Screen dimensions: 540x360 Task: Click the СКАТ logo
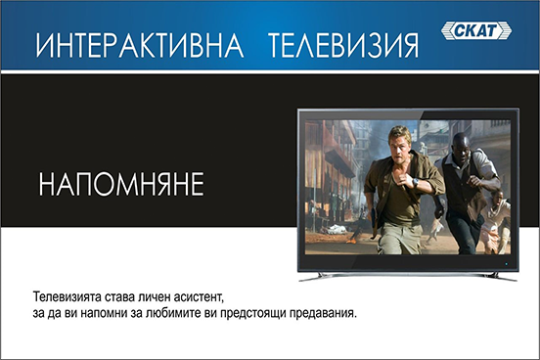(476, 30)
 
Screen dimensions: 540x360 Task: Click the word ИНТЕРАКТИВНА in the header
(140, 45)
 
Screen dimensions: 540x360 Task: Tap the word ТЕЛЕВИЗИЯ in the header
(343, 45)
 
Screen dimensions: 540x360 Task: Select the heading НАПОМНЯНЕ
(121, 184)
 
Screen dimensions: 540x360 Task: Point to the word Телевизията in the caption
(67, 296)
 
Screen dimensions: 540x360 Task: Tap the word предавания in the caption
(322, 314)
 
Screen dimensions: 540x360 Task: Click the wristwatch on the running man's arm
(416, 182)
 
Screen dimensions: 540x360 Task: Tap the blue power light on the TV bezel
(506, 264)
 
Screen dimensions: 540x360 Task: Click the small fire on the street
(351, 240)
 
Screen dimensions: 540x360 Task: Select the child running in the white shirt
(496, 220)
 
